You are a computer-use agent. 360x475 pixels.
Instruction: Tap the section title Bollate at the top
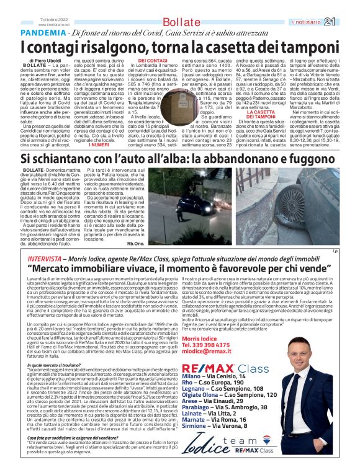180,22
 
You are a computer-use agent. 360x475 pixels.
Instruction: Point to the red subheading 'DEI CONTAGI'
151,60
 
